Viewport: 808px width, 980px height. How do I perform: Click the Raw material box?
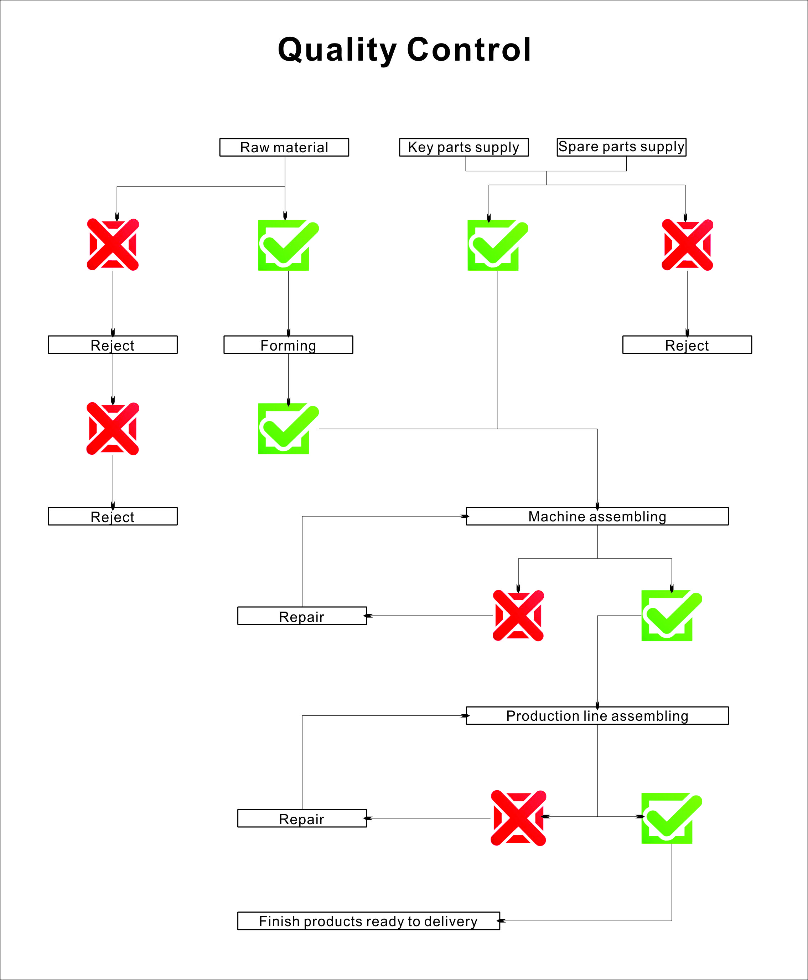point(284,147)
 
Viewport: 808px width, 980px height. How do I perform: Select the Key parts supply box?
point(463,147)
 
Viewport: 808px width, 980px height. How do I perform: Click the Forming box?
point(288,345)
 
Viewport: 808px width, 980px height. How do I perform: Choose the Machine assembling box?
point(597,516)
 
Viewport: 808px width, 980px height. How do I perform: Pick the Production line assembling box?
point(597,715)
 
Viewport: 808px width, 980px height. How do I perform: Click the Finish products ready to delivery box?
point(369,921)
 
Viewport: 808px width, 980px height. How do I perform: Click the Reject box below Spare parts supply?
point(687,345)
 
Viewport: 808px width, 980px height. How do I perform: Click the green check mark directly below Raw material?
point(289,245)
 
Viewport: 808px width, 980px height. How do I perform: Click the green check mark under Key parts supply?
point(498,245)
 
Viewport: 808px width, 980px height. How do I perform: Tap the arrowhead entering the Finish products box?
point(501,921)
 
